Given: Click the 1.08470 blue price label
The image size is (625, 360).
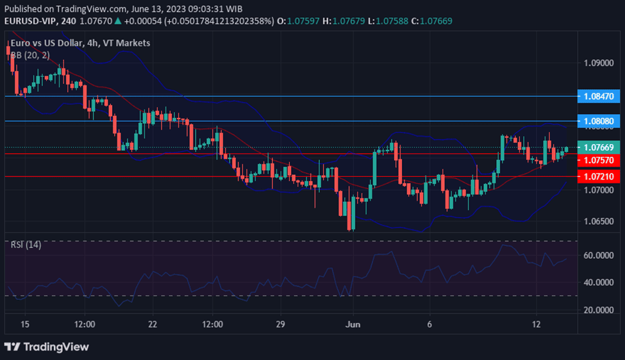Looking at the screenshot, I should coord(599,96).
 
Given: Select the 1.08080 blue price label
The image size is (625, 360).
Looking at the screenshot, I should coord(599,120).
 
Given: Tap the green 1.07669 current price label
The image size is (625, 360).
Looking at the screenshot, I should coord(599,147).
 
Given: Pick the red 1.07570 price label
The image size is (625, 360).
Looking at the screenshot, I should coord(599,160).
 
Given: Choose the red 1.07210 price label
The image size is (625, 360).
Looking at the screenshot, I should coord(599,176).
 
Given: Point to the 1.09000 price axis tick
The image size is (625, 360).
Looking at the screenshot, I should coord(599,63).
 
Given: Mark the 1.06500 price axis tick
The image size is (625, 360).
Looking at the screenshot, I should coord(599,221).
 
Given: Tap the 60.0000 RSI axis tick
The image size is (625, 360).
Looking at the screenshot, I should coord(599,255).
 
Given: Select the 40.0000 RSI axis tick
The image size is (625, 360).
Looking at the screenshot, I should coord(599,282).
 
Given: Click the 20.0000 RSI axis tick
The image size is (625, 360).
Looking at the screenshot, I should coord(599,310).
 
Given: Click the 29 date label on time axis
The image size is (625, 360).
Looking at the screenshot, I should coord(279,324).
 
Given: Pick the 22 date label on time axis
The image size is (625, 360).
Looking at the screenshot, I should coord(153,324).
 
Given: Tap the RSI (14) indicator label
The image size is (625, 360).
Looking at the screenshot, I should coord(26,245).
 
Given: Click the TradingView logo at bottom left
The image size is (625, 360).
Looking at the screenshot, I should coord(46,347).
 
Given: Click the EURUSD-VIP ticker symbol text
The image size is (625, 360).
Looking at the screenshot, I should coord(30,21).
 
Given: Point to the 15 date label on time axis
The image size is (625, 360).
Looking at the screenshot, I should coord(24,324).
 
